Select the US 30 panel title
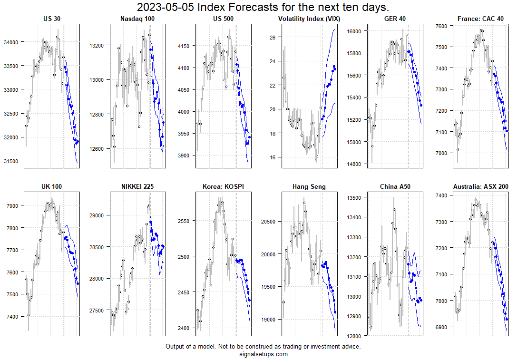pos(51,19)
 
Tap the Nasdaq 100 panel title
pos(138,19)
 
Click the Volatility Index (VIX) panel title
pos(309,19)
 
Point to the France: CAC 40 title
pos(480,19)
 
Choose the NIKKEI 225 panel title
pos(138,187)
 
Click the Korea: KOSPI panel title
pos(224,187)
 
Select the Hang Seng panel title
pos(309,187)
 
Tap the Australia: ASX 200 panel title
pos(480,187)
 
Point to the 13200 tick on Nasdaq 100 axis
pos(97,46)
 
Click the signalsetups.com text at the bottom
pos(263,354)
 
